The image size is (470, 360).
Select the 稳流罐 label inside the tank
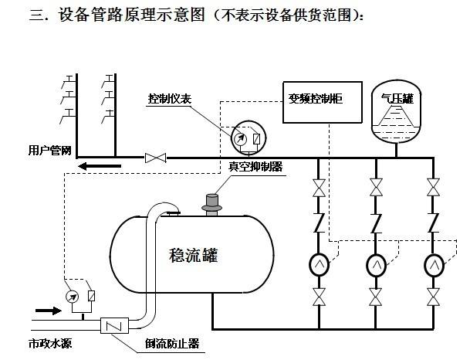(x=193, y=256)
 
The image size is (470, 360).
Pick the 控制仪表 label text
(x=171, y=99)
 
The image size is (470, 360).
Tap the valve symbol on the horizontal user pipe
(x=156, y=158)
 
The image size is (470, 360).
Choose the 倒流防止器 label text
(x=173, y=344)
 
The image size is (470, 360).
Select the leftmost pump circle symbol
(x=318, y=265)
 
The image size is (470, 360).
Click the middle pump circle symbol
(x=376, y=265)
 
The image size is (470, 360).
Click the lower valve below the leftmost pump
(x=318, y=297)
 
